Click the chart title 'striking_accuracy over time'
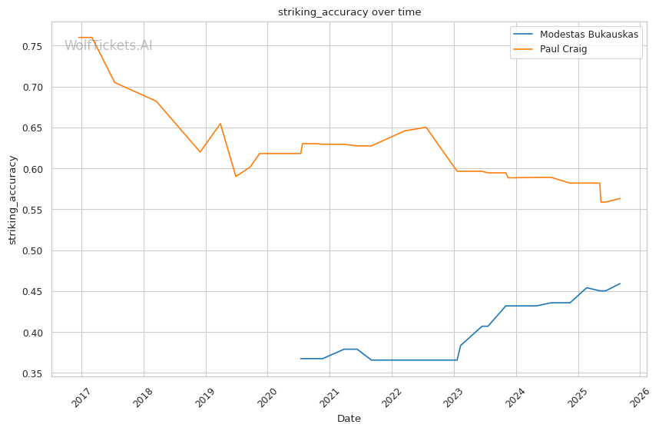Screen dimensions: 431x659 pyautogui.click(x=349, y=12)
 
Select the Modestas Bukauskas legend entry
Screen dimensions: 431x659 pyautogui.click(x=588, y=35)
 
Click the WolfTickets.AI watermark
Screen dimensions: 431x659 pyautogui.click(x=108, y=45)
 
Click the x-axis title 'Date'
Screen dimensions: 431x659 pyautogui.click(x=349, y=419)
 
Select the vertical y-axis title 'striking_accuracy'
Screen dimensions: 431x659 pyautogui.click(x=12, y=200)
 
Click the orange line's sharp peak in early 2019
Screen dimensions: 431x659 pyautogui.click(x=220, y=123)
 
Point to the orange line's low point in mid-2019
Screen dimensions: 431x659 pyautogui.click(x=236, y=177)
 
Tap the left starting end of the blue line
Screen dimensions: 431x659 pyautogui.click(x=300, y=359)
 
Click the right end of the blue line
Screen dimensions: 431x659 pyautogui.click(x=620, y=283)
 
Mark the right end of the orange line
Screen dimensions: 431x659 pyautogui.click(x=620, y=198)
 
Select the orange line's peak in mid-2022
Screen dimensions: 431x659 pyautogui.click(x=426, y=127)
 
